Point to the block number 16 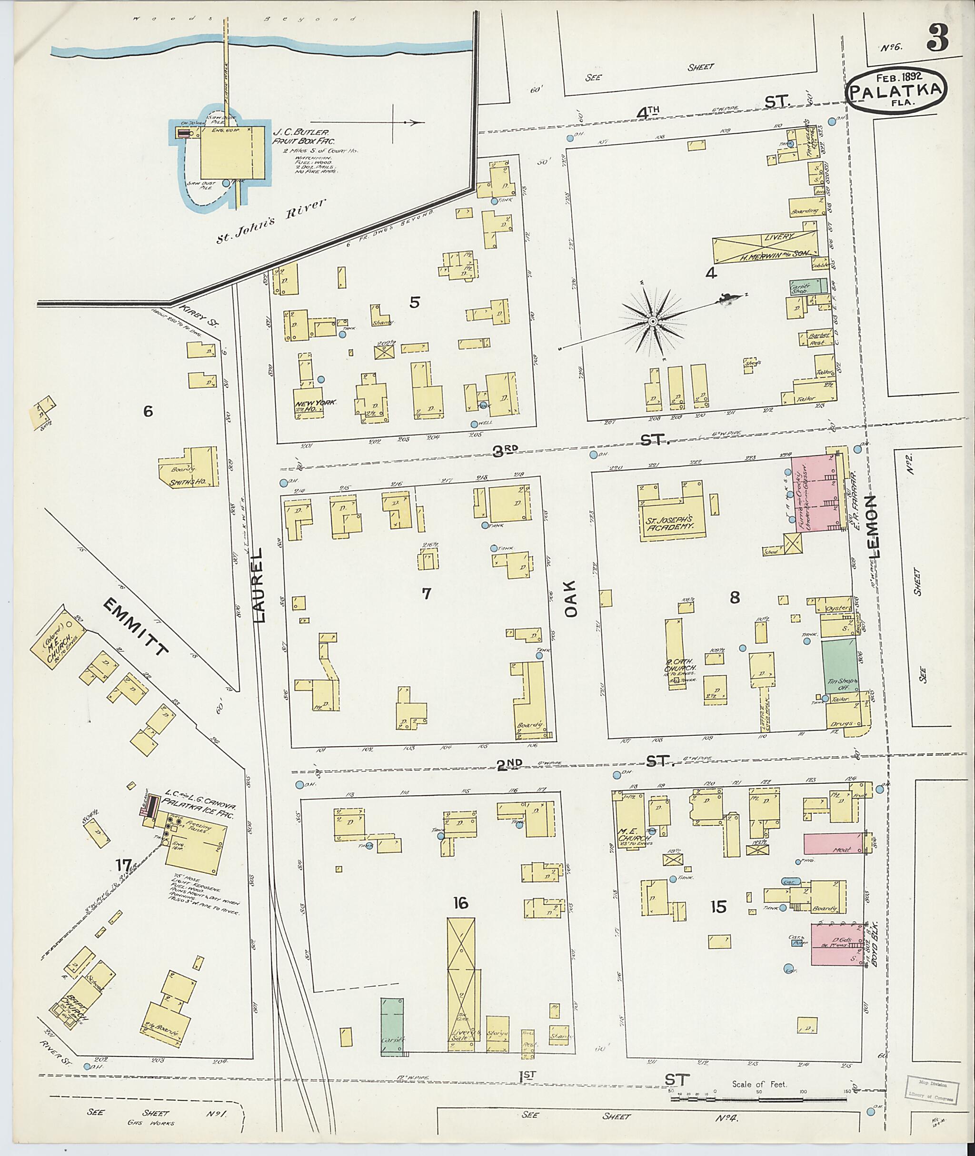tap(460, 903)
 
